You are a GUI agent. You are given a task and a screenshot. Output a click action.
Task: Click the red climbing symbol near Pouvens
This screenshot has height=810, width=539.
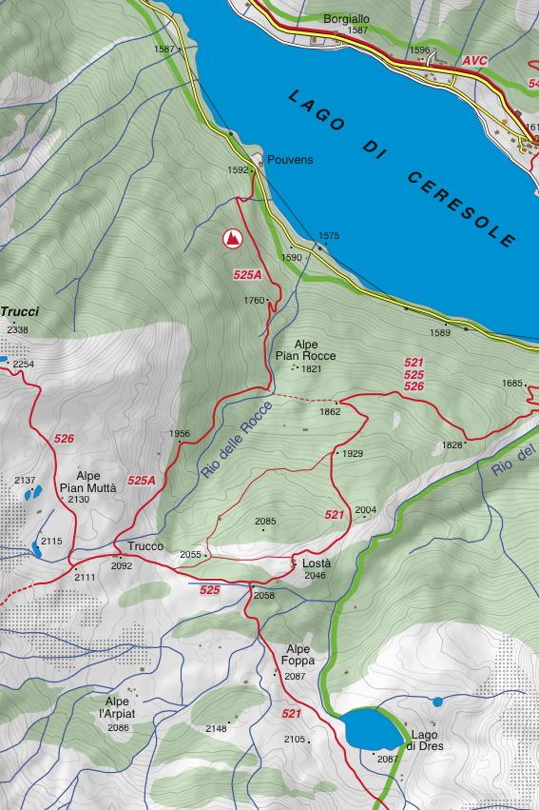231,239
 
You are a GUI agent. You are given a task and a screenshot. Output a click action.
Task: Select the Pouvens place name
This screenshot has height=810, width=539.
290,160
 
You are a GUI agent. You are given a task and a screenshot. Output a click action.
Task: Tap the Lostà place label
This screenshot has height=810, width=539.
316,563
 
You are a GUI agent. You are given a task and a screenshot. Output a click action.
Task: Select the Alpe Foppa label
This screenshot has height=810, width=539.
298,655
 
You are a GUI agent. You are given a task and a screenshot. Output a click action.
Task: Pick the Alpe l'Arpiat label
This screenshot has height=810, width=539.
121,707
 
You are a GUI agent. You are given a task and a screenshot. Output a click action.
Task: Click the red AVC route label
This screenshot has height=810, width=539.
474,61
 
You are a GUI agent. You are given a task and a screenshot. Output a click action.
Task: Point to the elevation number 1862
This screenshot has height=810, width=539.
330,412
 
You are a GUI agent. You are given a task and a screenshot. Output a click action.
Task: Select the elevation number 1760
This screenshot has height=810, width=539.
254,301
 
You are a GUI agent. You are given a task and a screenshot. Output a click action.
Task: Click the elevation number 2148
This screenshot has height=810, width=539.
216,729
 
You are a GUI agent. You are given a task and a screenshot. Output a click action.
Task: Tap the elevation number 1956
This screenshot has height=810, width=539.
180,434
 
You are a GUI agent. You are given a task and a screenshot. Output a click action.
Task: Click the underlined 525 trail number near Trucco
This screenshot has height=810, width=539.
210,590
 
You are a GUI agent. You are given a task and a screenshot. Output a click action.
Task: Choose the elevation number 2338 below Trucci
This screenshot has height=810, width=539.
17,330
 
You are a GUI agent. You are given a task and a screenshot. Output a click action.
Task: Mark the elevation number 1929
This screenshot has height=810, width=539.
353,454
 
